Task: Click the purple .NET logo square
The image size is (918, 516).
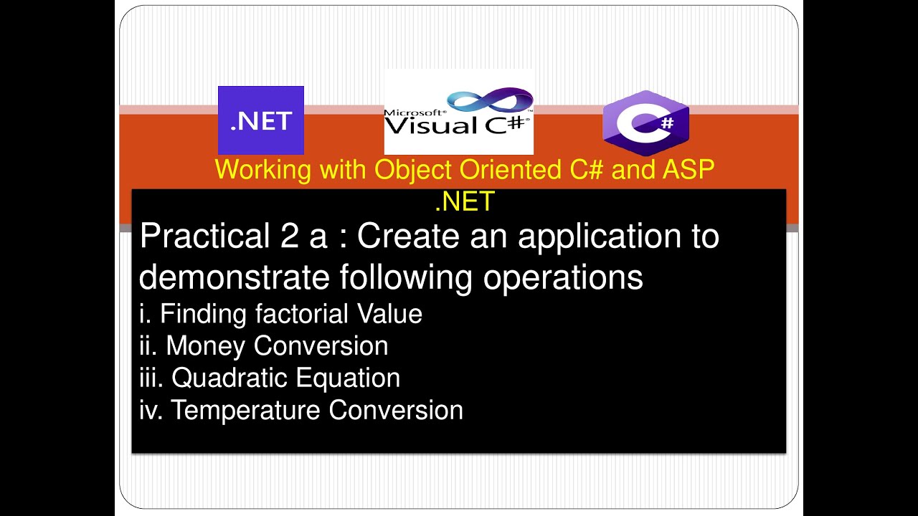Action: pos(261,120)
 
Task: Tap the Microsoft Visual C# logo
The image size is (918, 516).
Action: pos(458,112)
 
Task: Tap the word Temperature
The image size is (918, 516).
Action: pos(247,410)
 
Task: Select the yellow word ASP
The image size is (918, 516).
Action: pos(689,170)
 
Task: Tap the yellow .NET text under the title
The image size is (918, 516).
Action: pos(465,202)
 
